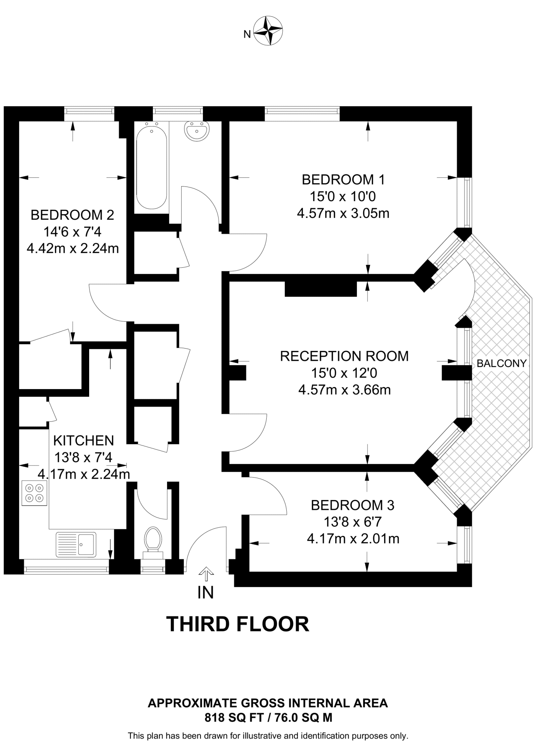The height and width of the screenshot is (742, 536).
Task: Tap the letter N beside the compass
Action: pyautogui.click(x=247, y=35)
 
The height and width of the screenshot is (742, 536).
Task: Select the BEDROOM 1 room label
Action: pyautogui.click(x=343, y=180)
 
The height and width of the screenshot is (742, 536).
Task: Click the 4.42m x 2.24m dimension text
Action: pyautogui.click(x=73, y=249)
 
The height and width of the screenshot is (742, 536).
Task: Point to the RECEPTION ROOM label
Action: pyautogui.click(x=344, y=356)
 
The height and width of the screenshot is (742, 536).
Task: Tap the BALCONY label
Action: pyautogui.click(x=501, y=363)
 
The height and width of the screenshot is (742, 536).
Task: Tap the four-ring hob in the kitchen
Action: pyautogui.click(x=34, y=493)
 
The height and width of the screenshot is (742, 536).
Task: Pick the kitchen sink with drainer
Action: pyautogui.click(x=76, y=544)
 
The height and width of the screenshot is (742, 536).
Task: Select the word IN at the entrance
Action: pyautogui.click(x=205, y=593)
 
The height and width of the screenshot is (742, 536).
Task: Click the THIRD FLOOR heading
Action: pyautogui.click(x=238, y=624)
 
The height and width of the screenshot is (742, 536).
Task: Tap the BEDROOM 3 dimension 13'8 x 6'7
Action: pyautogui.click(x=352, y=522)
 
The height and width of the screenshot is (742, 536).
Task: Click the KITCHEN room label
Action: pyautogui.click(x=83, y=441)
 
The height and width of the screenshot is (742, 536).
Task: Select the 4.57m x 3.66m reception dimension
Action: pyautogui.click(x=344, y=390)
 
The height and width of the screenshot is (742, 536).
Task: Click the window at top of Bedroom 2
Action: pyautogui.click(x=89, y=114)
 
